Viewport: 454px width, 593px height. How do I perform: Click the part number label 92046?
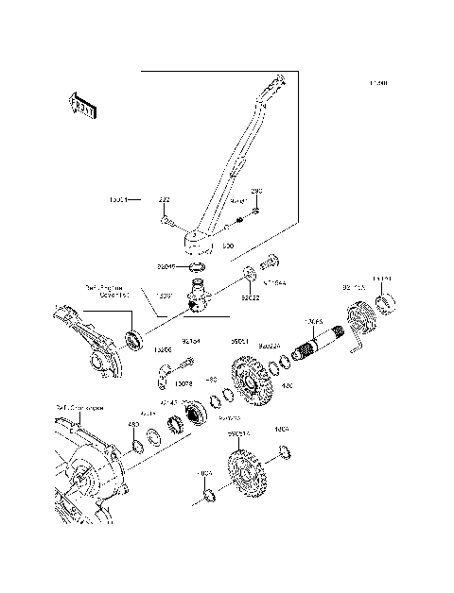coord(166,267)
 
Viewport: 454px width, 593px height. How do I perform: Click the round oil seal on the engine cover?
coord(136,336)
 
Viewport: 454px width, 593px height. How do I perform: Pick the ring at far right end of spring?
coord(385,303)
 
